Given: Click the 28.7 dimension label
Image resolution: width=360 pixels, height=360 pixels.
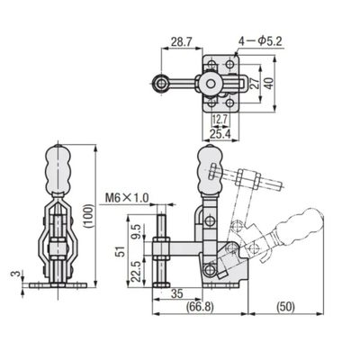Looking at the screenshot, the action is (181, 41).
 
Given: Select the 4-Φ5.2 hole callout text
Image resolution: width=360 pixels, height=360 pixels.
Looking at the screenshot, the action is (260, 41).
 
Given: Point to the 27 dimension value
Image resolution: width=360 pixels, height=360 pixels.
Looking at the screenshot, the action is (254, 84).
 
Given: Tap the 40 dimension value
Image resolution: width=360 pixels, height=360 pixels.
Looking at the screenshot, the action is (269, 83).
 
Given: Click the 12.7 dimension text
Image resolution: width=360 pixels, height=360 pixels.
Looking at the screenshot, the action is (220, 121).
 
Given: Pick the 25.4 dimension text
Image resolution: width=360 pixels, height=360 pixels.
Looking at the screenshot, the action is (220, 135).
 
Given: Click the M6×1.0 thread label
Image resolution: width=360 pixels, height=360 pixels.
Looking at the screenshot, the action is (127, 198).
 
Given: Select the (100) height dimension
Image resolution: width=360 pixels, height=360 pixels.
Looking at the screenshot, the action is (89, 216).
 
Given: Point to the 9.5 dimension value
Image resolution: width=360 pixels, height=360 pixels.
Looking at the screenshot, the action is (136, 232).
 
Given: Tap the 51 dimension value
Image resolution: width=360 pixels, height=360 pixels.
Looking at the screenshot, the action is (121, 251).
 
